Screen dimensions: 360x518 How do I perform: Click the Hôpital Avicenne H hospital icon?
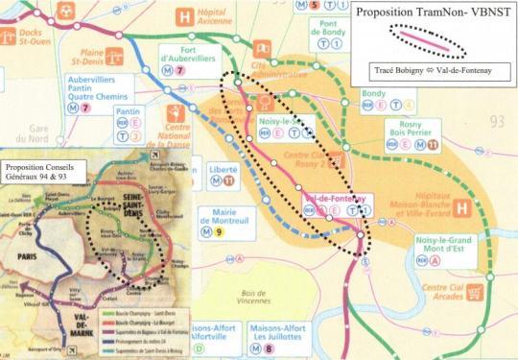[184, 16]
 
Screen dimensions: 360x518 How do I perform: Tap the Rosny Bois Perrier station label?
[415, 132]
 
